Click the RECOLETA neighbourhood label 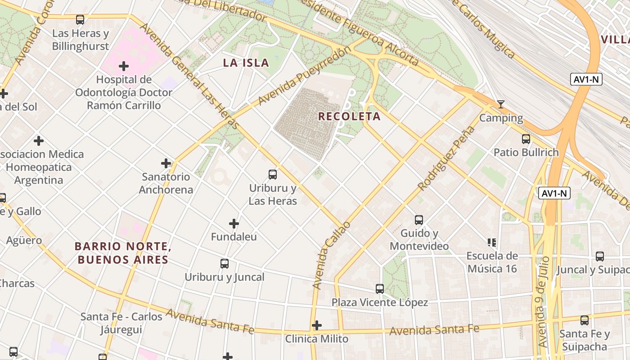349,117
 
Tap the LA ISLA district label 246,63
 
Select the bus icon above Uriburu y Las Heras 272,175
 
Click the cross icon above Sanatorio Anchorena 166,163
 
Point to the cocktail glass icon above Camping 500,105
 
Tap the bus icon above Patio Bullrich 526,139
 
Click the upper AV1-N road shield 586,80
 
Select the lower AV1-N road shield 554,193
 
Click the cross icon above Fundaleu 234,223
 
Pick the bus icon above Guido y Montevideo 419,220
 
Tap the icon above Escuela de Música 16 492,243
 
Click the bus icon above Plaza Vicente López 380,289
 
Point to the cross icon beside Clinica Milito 317,325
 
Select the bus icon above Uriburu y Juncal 225,264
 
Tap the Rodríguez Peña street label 446,158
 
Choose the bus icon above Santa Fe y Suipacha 584,320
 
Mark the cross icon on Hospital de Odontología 124,67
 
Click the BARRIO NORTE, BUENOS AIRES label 123,253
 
